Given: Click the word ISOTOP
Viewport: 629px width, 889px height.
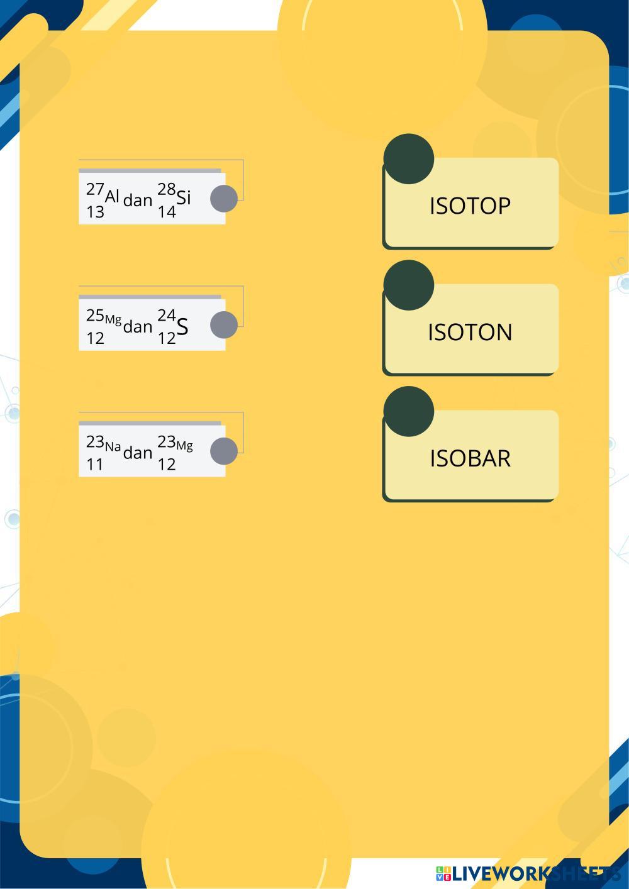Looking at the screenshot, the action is (470, 206).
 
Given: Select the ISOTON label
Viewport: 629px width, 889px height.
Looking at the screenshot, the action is (470, 332).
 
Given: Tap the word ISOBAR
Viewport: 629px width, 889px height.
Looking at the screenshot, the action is (470, 458).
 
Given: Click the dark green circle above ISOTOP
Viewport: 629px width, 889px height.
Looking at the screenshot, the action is (408, 158).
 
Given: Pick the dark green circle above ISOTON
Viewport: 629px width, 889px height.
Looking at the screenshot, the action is (408, 285).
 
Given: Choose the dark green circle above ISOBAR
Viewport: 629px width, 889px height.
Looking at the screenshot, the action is (408, 411).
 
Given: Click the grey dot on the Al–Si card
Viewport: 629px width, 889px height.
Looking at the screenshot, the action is (223, 199).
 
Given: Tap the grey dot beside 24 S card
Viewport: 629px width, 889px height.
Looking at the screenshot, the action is (223, 325).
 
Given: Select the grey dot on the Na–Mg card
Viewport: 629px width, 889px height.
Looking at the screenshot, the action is (223, 451).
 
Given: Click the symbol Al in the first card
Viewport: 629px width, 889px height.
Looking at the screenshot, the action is (112, 196).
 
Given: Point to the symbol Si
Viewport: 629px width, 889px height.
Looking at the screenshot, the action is (183, 197).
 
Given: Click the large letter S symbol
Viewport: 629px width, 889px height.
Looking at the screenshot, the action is (182, 327).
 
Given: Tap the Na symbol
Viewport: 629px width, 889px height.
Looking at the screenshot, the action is (113, 447).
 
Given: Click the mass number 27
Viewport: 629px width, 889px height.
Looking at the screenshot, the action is (95, 189).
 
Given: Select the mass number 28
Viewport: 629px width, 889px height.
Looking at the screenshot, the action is (167, 189).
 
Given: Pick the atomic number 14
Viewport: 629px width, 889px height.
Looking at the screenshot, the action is (167, 212).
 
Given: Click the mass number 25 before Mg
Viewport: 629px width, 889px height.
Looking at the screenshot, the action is (95, 314).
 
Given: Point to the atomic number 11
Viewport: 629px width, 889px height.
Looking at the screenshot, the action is (95, 465).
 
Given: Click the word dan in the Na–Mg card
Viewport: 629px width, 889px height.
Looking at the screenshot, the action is (138, 453).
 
